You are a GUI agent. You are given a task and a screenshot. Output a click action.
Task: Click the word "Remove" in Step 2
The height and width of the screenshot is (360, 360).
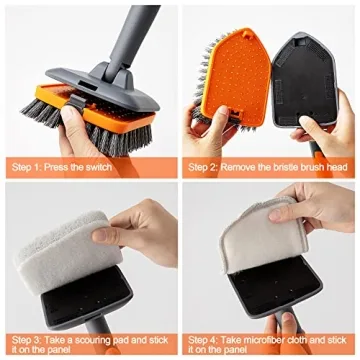pos(235,167)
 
